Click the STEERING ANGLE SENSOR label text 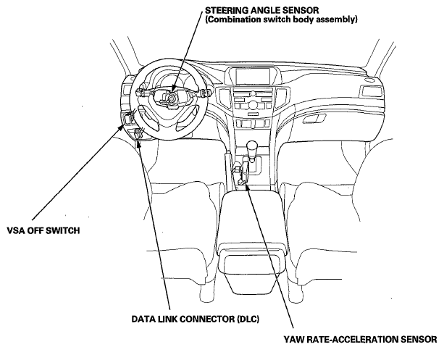click(x=261, y=10)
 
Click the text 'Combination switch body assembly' click(x=281, y=20)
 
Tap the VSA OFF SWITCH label click(x=43, y=230)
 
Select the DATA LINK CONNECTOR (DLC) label click(x=195, y=319)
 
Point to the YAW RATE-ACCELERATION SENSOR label click(x=361, y=339)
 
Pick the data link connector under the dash click(x=138, y=133)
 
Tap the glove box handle click(x=314, y=118)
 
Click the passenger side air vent click(x=371, y=91)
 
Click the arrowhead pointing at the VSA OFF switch click(x=121, y=127)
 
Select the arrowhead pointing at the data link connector click(x=138, y=143)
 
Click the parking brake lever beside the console click(x=228, y=167)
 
